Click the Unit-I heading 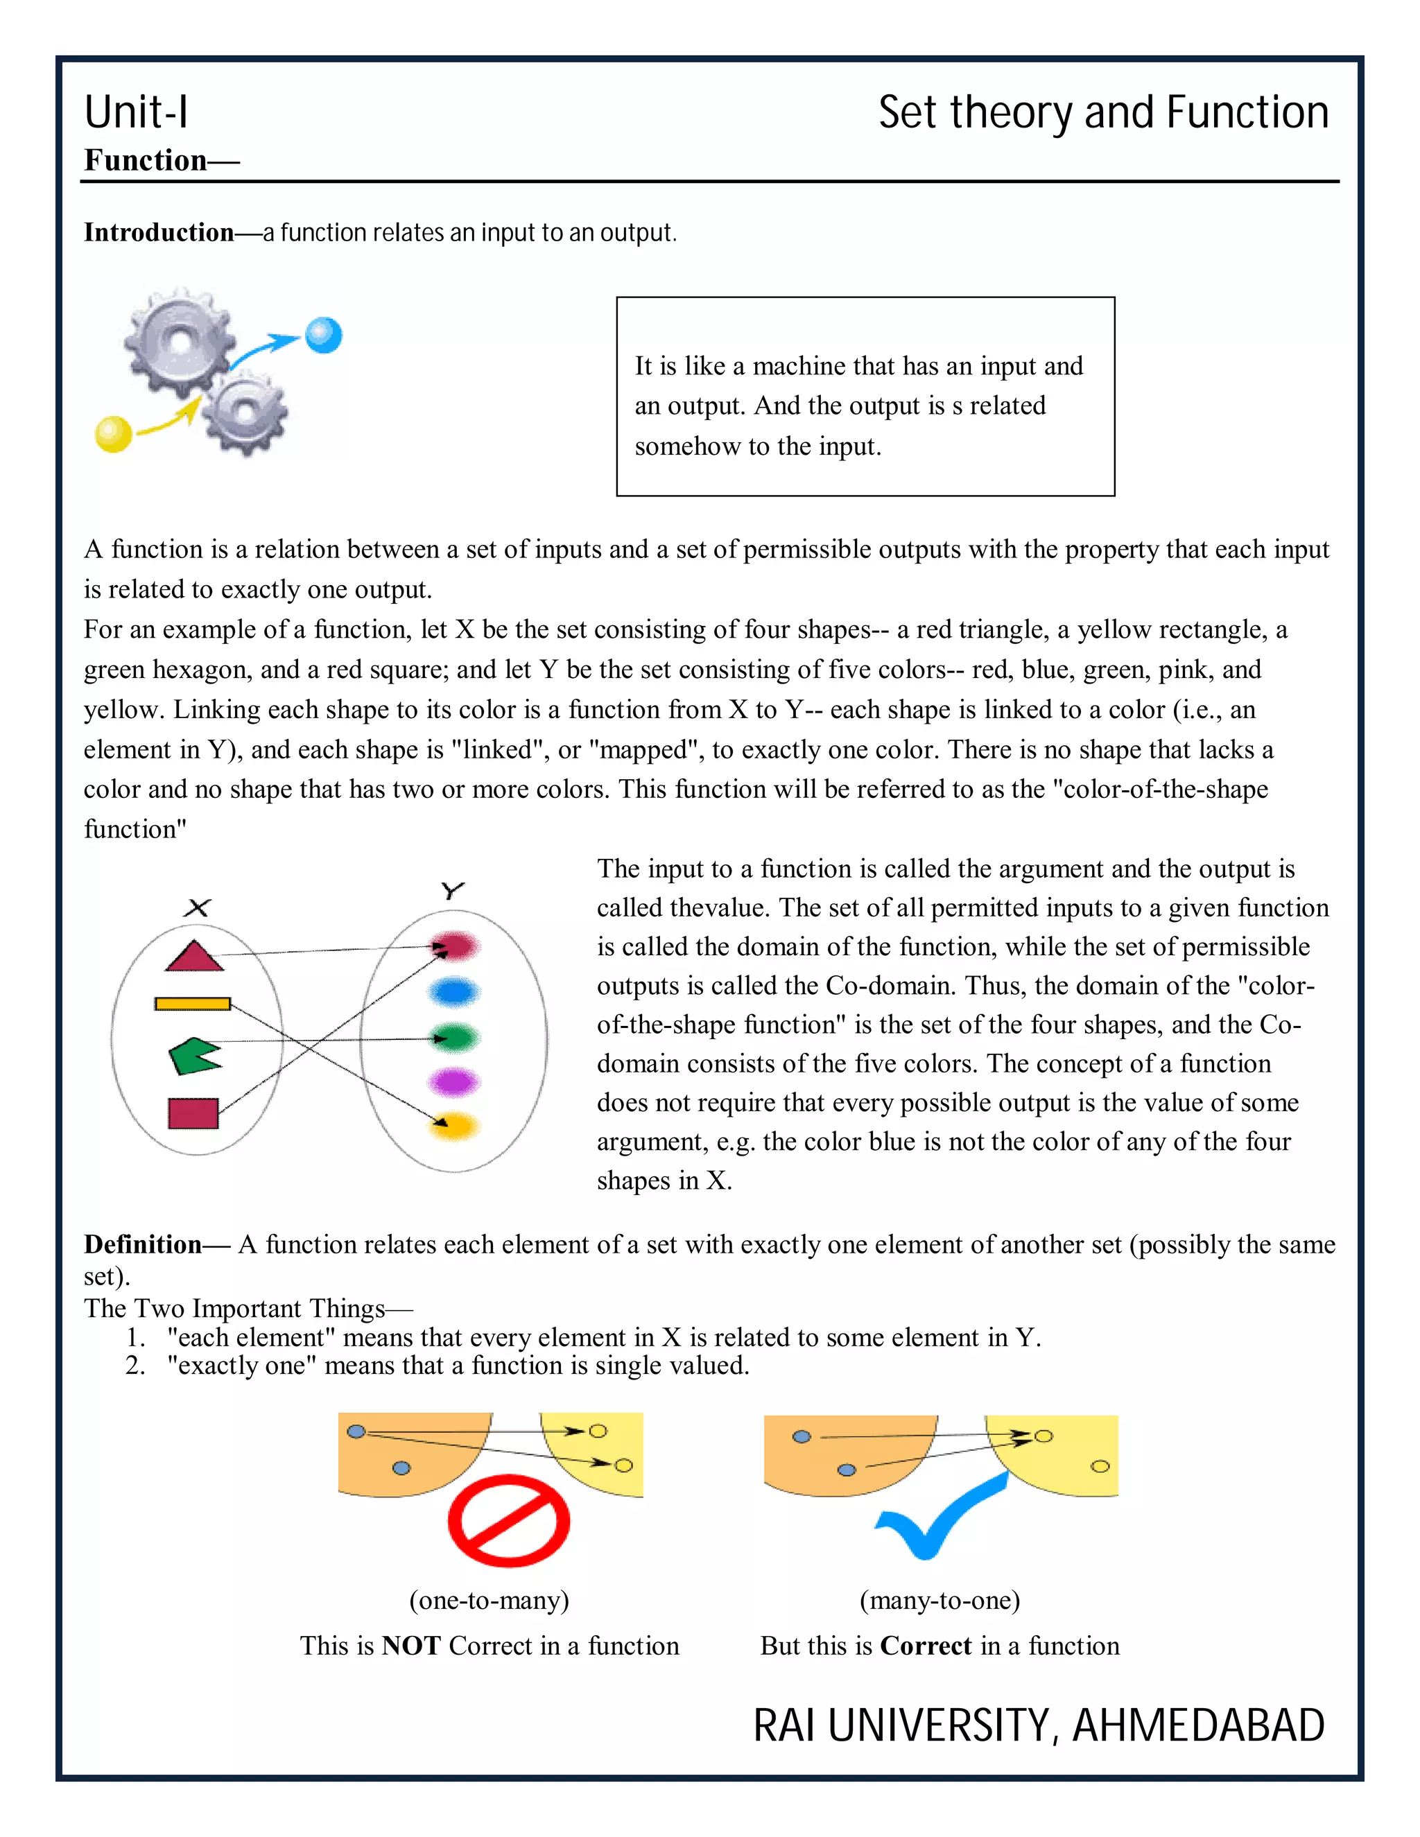coord(137,113)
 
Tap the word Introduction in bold coord(159,233)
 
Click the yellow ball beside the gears coord(114,434)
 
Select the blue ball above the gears coord(323,335)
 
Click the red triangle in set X coord(194,957)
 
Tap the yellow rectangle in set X coord(193,1004)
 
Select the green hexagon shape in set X coord(193,1056)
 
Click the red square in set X coord(193,1113)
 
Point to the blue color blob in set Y coord(454,993)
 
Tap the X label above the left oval coord(198,907)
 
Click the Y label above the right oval coord(453,890)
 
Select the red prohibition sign coord(508,1521)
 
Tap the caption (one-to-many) coord(489,1599)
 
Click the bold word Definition coord(143,1244)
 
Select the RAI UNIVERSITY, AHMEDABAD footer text coord(1038,1726)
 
